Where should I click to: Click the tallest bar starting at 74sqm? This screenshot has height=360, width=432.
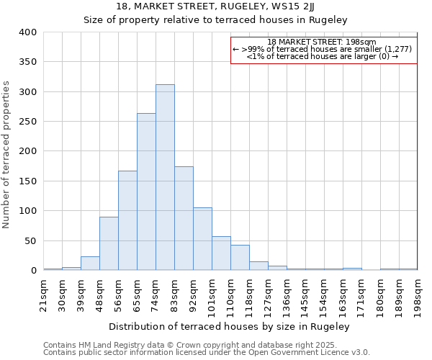coord(165,177)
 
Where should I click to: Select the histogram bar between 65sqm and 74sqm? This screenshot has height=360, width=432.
coord(146,192)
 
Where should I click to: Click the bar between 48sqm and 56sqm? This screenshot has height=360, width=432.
coord(109,243)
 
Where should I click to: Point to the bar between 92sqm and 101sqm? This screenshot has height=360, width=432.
coord(202,239)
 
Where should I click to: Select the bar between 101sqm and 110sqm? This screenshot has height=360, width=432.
coord(221,253)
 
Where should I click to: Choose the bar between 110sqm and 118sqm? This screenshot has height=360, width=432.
coord(240,258)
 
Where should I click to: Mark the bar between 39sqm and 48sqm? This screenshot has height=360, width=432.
coord(90,264)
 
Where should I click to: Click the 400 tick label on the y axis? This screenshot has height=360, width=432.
coord(28,32)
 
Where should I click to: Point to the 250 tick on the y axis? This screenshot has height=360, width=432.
coord(28,122)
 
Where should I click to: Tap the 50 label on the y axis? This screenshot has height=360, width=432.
coord(31,240)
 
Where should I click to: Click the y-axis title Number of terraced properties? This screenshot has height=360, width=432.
coord(7,155)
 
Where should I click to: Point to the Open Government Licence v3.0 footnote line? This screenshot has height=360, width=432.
coord(207,352)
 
